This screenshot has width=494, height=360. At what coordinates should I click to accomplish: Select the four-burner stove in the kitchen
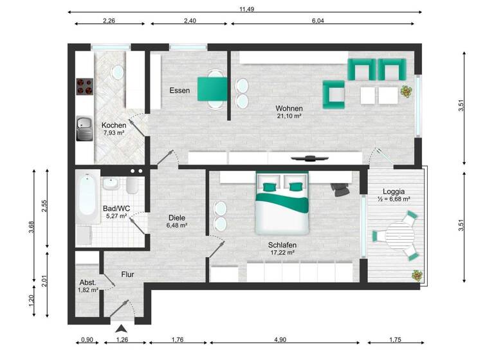coord(84,87)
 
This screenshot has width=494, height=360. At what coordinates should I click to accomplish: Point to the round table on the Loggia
coord(402,235)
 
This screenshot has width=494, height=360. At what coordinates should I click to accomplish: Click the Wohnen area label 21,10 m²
coord(289,117)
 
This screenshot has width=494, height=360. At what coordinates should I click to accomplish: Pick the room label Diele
coord(176,217)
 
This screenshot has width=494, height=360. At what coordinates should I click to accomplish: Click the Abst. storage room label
coord(87,282)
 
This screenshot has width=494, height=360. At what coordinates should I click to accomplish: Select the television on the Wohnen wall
coord(310,157)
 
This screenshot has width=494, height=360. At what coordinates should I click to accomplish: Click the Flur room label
coord(127,274)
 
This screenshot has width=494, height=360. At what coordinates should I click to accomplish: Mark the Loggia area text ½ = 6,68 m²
coord(393,199)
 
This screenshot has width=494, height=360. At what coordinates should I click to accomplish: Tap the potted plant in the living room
coord(407,92)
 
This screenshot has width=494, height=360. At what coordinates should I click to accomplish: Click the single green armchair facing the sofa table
coord(334,94)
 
